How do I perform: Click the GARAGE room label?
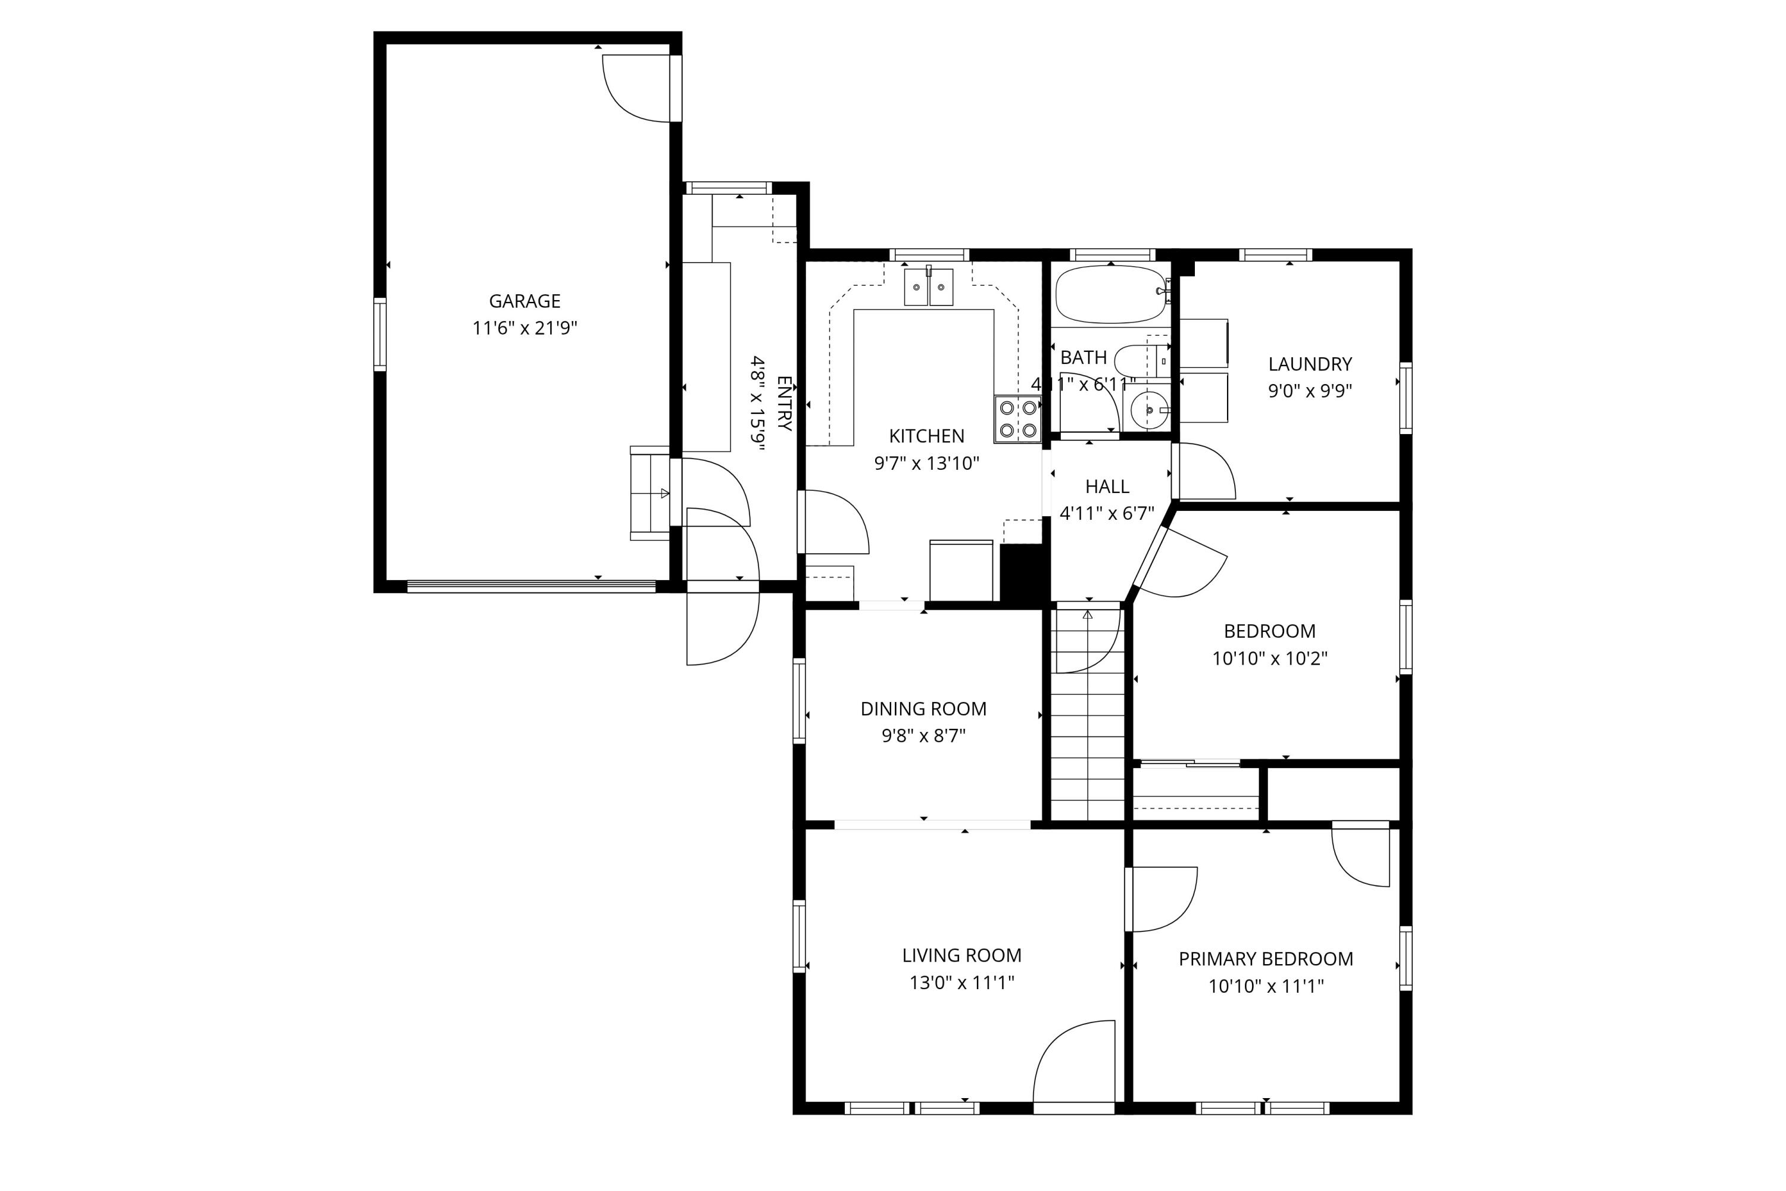pos(524,301)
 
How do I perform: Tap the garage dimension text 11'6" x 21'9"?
pos(524,329)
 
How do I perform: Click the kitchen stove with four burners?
pos(1017,419)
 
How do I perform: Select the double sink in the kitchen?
pos(928,287)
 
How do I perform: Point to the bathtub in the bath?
pos(1110,295)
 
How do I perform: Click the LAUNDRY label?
pos(1310,364)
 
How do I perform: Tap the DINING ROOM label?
pos(923,709)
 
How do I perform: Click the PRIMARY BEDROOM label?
pos(1265,959)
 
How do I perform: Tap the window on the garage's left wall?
pos(380,335)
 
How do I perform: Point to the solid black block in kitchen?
pos(1022,573)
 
